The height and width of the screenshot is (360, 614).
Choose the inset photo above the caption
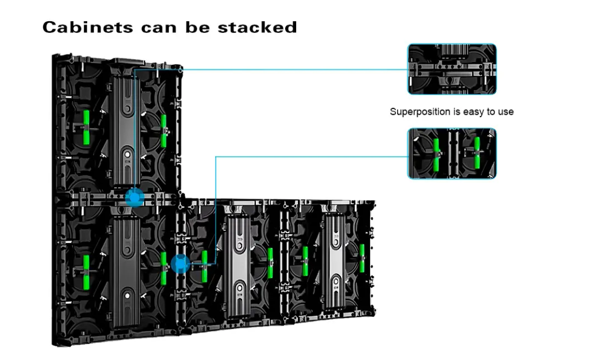pos(452,69)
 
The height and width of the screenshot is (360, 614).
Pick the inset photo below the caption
pos(452,153)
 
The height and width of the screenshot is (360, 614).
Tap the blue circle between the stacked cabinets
pos(134,197)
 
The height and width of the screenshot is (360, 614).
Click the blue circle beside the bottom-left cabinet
pos(180,264)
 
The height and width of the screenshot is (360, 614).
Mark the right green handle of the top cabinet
pos(164,130)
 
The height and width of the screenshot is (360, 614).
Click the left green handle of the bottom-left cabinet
pos(87,269)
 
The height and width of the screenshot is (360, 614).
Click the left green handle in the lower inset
pos(436,155)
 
